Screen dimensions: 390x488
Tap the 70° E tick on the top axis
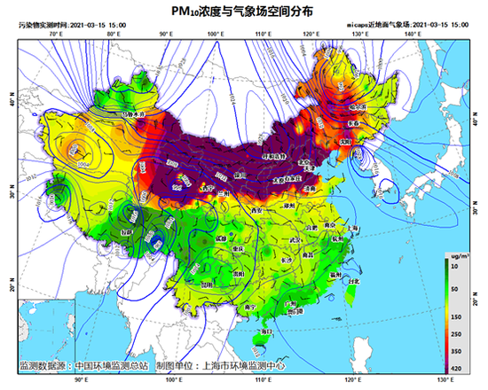click(56, 33)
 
